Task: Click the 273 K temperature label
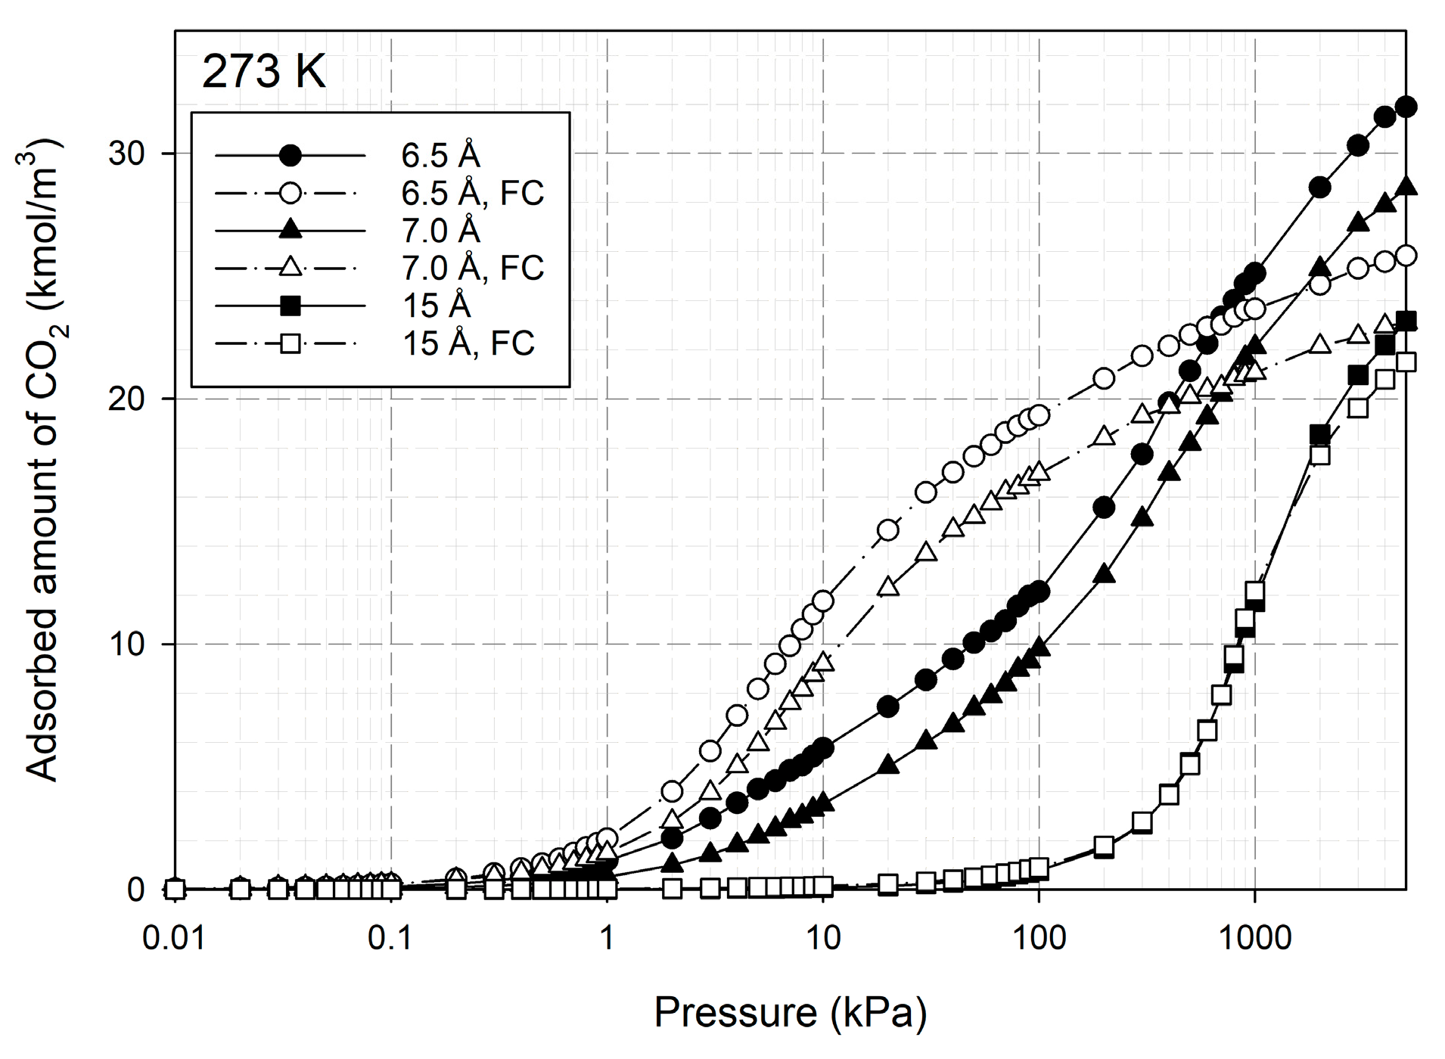(264, 73)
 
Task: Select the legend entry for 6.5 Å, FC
(471, 194)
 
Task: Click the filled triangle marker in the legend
(290, 231)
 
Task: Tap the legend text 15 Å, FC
(468, 343)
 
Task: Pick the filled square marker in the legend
(290, 306)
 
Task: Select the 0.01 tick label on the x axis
(174, 939)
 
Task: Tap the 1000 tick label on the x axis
(1254, 939)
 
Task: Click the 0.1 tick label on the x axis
(390, 939)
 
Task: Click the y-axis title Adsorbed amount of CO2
(44, 461)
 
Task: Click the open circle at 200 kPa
(1104, 378)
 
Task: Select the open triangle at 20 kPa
(888, 586)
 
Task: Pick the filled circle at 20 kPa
(888, 707)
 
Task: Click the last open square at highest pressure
(1406, 362)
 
